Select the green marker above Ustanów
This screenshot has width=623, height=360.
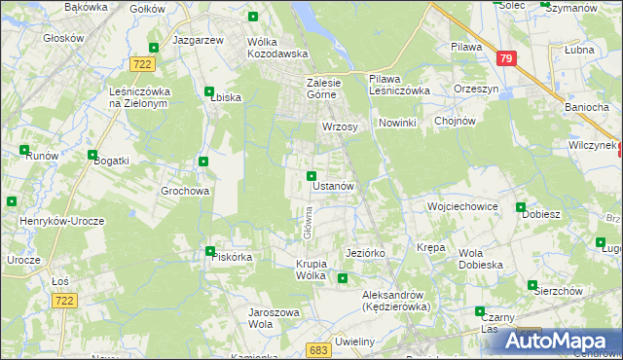(x=311, y=176)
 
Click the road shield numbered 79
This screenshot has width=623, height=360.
(x=505, y=58)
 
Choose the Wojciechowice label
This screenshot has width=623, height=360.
(x=462, y=207)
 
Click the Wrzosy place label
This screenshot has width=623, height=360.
(x=340, y=127)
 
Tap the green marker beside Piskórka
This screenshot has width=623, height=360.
(x=210, y=251)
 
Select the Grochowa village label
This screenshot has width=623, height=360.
(x=185, y=192)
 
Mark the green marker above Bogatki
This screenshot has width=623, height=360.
(x=92, y=155)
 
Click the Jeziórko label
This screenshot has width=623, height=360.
(x=366, y=253)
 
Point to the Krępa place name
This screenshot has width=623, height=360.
(x=430, y=248)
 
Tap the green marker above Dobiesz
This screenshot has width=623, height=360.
(x=522, y=208)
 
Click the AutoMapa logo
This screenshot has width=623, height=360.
(x=566, y=342)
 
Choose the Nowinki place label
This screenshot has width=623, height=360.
(x=397, y=123)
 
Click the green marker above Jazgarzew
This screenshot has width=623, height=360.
(x=153, y=47)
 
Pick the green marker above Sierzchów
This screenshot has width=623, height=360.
(x=532, y=285)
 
